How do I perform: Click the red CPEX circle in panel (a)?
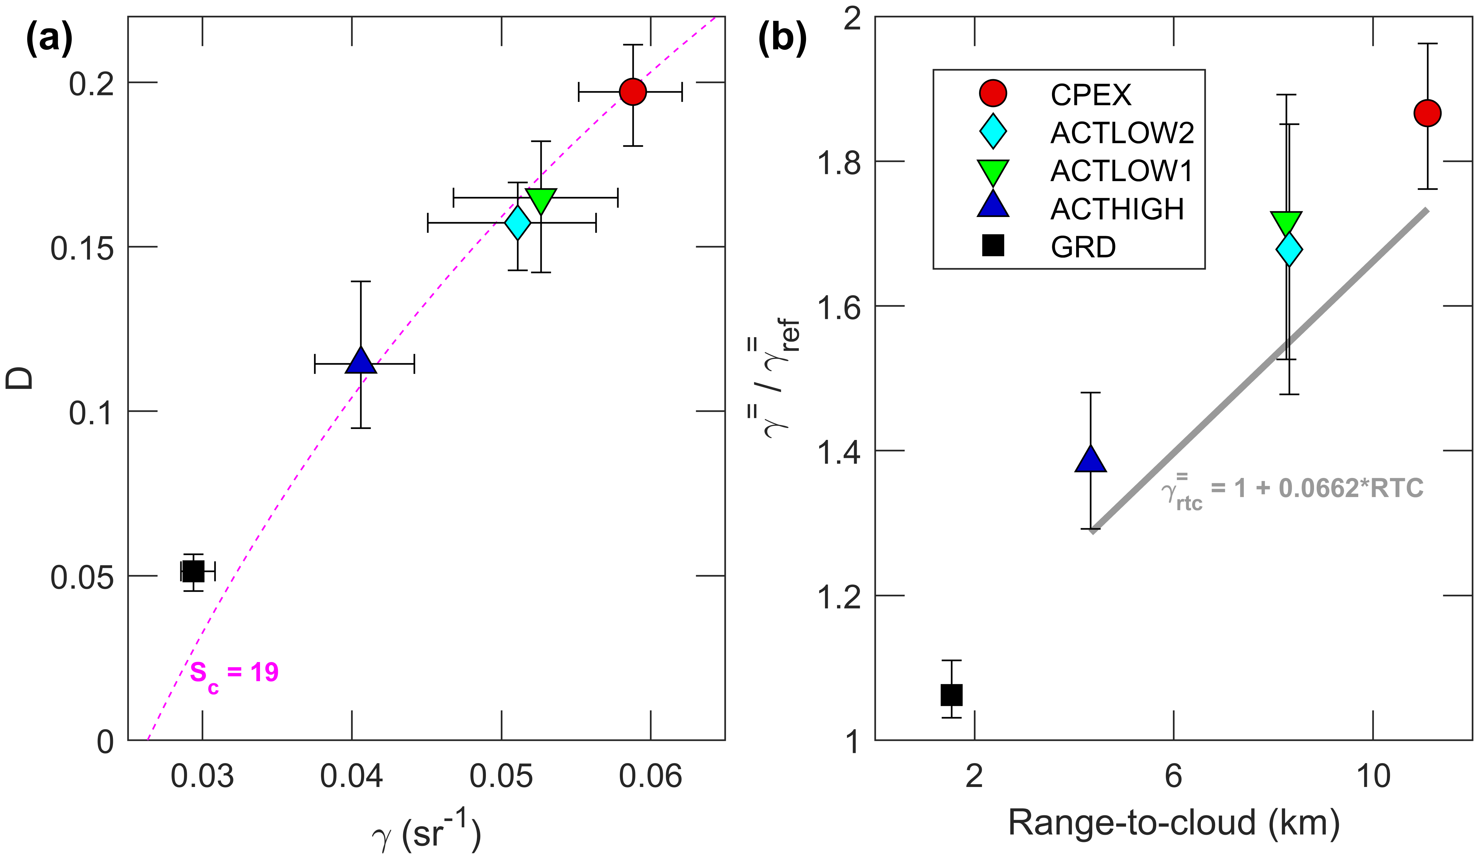click(633, 91)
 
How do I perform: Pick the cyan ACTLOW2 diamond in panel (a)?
click(518, 223)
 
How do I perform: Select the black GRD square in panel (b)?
click(951, 695)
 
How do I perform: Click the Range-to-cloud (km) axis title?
click(1174, 823)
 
